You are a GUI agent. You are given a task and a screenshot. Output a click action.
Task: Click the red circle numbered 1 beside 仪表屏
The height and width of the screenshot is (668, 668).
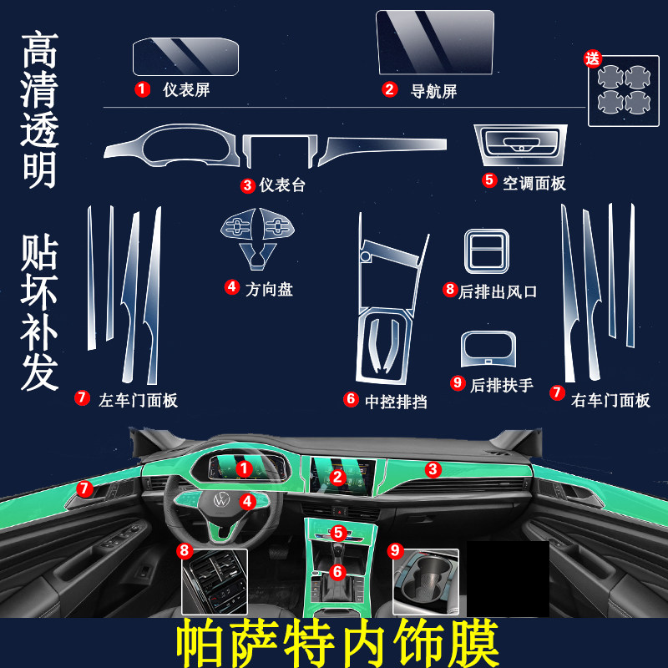[142, 89]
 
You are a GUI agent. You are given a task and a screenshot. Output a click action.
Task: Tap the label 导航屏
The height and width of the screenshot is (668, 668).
[433, 91]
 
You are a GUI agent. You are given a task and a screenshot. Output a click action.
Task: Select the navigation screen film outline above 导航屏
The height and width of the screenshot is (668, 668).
[435, 43]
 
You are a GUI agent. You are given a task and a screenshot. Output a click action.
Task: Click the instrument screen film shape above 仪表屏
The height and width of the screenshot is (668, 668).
[185, 57]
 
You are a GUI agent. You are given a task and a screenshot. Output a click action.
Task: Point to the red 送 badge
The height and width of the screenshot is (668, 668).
[593, 58]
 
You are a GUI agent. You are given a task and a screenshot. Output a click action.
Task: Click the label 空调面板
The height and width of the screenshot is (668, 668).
[534, 183]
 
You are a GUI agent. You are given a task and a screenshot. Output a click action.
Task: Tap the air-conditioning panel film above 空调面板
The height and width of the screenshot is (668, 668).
[520, 144]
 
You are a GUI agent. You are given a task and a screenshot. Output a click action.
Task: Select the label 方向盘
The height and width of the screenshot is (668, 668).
[269, 289]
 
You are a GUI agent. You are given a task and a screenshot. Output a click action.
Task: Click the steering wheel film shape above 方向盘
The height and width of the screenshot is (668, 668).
[257, 239]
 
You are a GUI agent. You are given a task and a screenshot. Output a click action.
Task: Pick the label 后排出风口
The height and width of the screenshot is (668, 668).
[498, 291]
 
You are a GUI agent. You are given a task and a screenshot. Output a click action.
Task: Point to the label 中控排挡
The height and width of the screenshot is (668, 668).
[396, 402]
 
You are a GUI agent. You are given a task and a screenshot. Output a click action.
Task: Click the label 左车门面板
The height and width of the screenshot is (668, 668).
[138, 400]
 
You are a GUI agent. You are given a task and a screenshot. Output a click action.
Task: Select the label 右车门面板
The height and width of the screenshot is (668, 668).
[610, 400]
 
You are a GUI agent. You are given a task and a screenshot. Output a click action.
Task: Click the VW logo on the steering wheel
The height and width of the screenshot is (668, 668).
[221, 498]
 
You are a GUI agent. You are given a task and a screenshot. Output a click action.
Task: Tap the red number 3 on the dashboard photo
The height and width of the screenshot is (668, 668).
[433, 469]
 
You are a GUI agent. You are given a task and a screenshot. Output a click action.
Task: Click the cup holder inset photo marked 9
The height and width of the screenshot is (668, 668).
[426, 582]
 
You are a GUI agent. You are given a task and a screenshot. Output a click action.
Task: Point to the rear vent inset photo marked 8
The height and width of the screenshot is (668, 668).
[215, 582]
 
